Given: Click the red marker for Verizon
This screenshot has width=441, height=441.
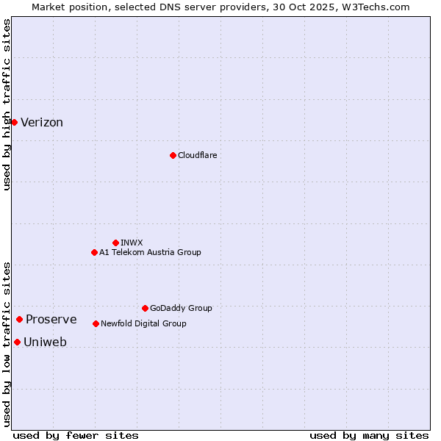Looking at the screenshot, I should coord(14,122).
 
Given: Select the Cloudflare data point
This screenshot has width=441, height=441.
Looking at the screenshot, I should coord(173,155).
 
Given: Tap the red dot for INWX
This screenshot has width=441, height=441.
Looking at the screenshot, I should coord(115,243).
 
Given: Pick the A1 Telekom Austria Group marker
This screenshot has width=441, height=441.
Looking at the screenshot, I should coord(94,252).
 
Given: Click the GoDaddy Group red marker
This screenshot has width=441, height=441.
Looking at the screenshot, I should coord(145,308).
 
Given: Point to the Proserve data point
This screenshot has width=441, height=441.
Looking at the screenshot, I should coord(19,319).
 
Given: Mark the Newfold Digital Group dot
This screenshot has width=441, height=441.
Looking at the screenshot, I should coord(96,323).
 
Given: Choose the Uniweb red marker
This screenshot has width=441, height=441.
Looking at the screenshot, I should coord(17,342).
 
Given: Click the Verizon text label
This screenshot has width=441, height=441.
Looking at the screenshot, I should coord(42,123).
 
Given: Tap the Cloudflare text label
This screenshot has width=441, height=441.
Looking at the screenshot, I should coord(198,155).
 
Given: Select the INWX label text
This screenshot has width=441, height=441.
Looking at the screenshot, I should coord(132,243).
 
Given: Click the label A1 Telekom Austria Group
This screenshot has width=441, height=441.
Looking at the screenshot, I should coord(150,252).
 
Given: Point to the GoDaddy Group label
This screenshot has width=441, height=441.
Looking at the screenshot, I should coord(181,308).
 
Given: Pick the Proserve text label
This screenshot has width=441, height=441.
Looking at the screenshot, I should coord(51,319).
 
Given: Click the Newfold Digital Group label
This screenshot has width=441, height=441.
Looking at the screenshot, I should coord(143,323).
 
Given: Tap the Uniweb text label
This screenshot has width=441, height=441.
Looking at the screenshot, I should coord(45,342).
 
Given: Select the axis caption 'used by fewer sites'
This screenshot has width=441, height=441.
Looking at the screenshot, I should coord(76,435).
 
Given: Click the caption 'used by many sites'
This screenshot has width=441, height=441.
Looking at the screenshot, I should coord(369,435).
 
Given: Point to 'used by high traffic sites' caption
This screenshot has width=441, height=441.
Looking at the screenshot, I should coord(7,104).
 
